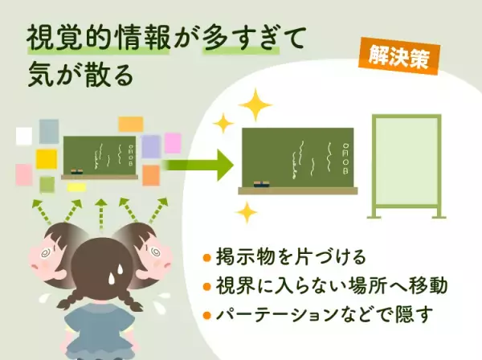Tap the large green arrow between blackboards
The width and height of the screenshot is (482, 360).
[x=197, y=167]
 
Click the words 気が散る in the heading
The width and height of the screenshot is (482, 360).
[x=77, y=78]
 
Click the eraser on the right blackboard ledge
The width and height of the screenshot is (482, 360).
[x=261, y=186]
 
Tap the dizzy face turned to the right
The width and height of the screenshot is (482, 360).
[x=152, y=248]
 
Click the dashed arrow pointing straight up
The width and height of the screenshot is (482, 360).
[x=100, y=212]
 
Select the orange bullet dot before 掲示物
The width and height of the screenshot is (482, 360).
[x=207, y=259]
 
